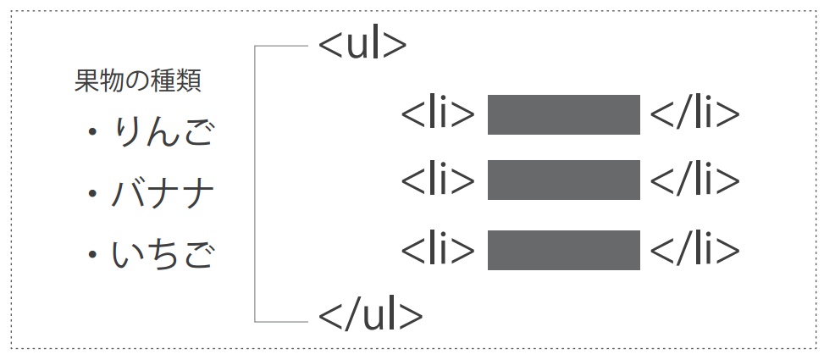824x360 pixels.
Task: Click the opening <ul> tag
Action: [x=362, y=45]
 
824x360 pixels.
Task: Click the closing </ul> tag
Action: [x=370, y=314]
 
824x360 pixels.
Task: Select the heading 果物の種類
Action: [x=137, y=81]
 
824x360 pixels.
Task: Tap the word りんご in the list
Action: [x=162, y=132]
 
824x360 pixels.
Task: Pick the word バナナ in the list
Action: [x=162, y=194]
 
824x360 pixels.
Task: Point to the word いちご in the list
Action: [x=162, y=254]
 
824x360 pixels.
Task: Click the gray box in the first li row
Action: [x=563, y=115]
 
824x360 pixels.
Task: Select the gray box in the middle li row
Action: [x=563, y=180]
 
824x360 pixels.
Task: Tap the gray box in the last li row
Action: [x=563, y=250]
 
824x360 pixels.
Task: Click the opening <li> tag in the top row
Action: [x=438, y=115]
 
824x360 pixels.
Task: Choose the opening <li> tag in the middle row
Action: [x=438, y=180]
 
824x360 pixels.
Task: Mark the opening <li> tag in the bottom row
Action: [x=438, y=250]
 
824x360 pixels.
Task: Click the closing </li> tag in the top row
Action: [x=694, y=115]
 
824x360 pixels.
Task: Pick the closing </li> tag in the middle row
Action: [x=694, y=180]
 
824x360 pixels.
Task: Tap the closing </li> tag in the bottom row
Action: [x=694, y=250]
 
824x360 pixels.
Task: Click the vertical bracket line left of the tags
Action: [x=255, y=182]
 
